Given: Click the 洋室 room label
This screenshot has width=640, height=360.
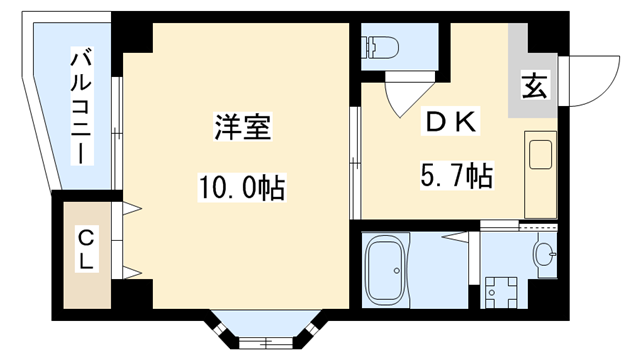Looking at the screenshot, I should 243,129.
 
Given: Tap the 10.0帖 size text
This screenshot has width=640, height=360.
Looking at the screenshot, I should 242,186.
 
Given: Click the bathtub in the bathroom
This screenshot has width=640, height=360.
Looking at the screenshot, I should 387,269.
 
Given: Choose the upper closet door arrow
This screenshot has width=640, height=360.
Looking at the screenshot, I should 133,211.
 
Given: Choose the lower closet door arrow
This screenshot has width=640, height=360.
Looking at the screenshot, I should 133,269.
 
